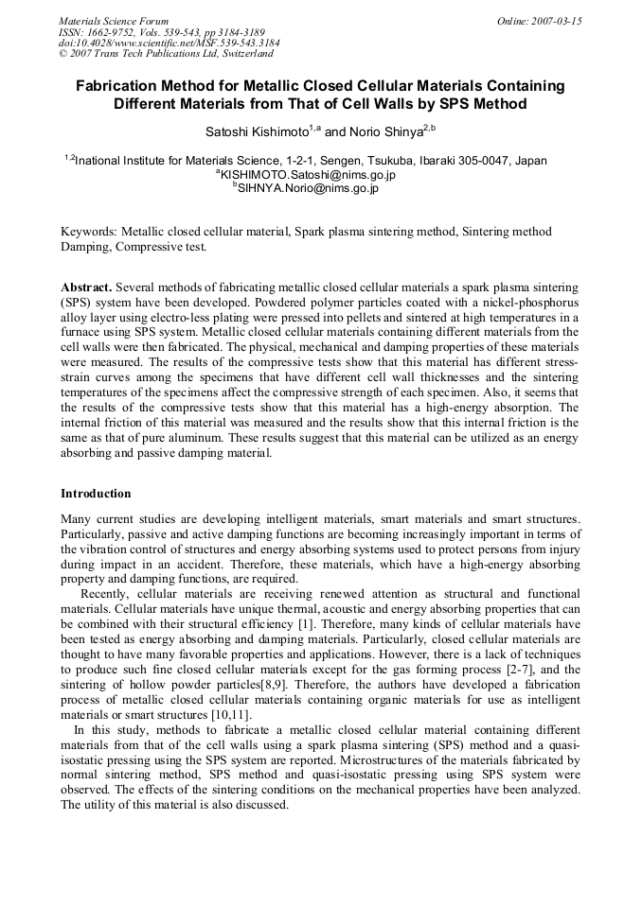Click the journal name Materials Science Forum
coord(114,21)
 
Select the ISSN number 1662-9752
coord(124,32)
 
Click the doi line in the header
coord(169,43)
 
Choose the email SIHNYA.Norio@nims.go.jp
coord(309,188)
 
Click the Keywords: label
coord(89,232)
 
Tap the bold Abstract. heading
coord(87,287)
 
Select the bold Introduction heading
coord(96,494)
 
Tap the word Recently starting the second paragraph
coord(104,593)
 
